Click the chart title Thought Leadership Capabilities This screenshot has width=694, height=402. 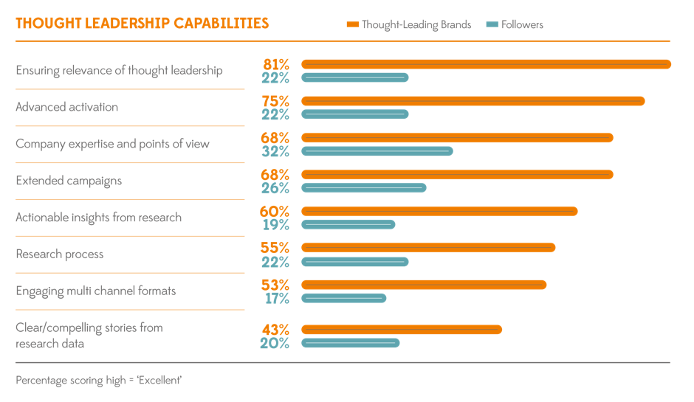[x=142, y=24]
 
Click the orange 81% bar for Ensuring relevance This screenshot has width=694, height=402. [x=486, y=64]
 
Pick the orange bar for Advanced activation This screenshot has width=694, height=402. [x=473, y=101]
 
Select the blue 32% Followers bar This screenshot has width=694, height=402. [x=377, y=151]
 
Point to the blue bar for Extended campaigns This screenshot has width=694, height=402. [x=363, y=188]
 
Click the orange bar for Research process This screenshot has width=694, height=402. [x=428, y=248]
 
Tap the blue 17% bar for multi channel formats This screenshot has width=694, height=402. [x=343, y=298]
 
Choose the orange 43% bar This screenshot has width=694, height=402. [x=402, y=329]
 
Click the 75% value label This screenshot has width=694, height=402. [x=275, y=101]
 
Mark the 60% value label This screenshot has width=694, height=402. [x=275, y=212]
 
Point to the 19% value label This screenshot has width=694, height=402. [x=276, y=225]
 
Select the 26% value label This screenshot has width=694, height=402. [x=275, y=188]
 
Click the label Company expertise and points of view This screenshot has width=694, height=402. [x=112, y=144]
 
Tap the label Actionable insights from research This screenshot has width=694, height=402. [x=98, y=218]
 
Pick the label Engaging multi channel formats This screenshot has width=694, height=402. [x=96, y=291]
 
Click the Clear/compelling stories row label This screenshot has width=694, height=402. [x=89, y=335]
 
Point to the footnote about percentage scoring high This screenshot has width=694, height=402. [x=98, y=381]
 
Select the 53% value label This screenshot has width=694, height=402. [x=275, y=285]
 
